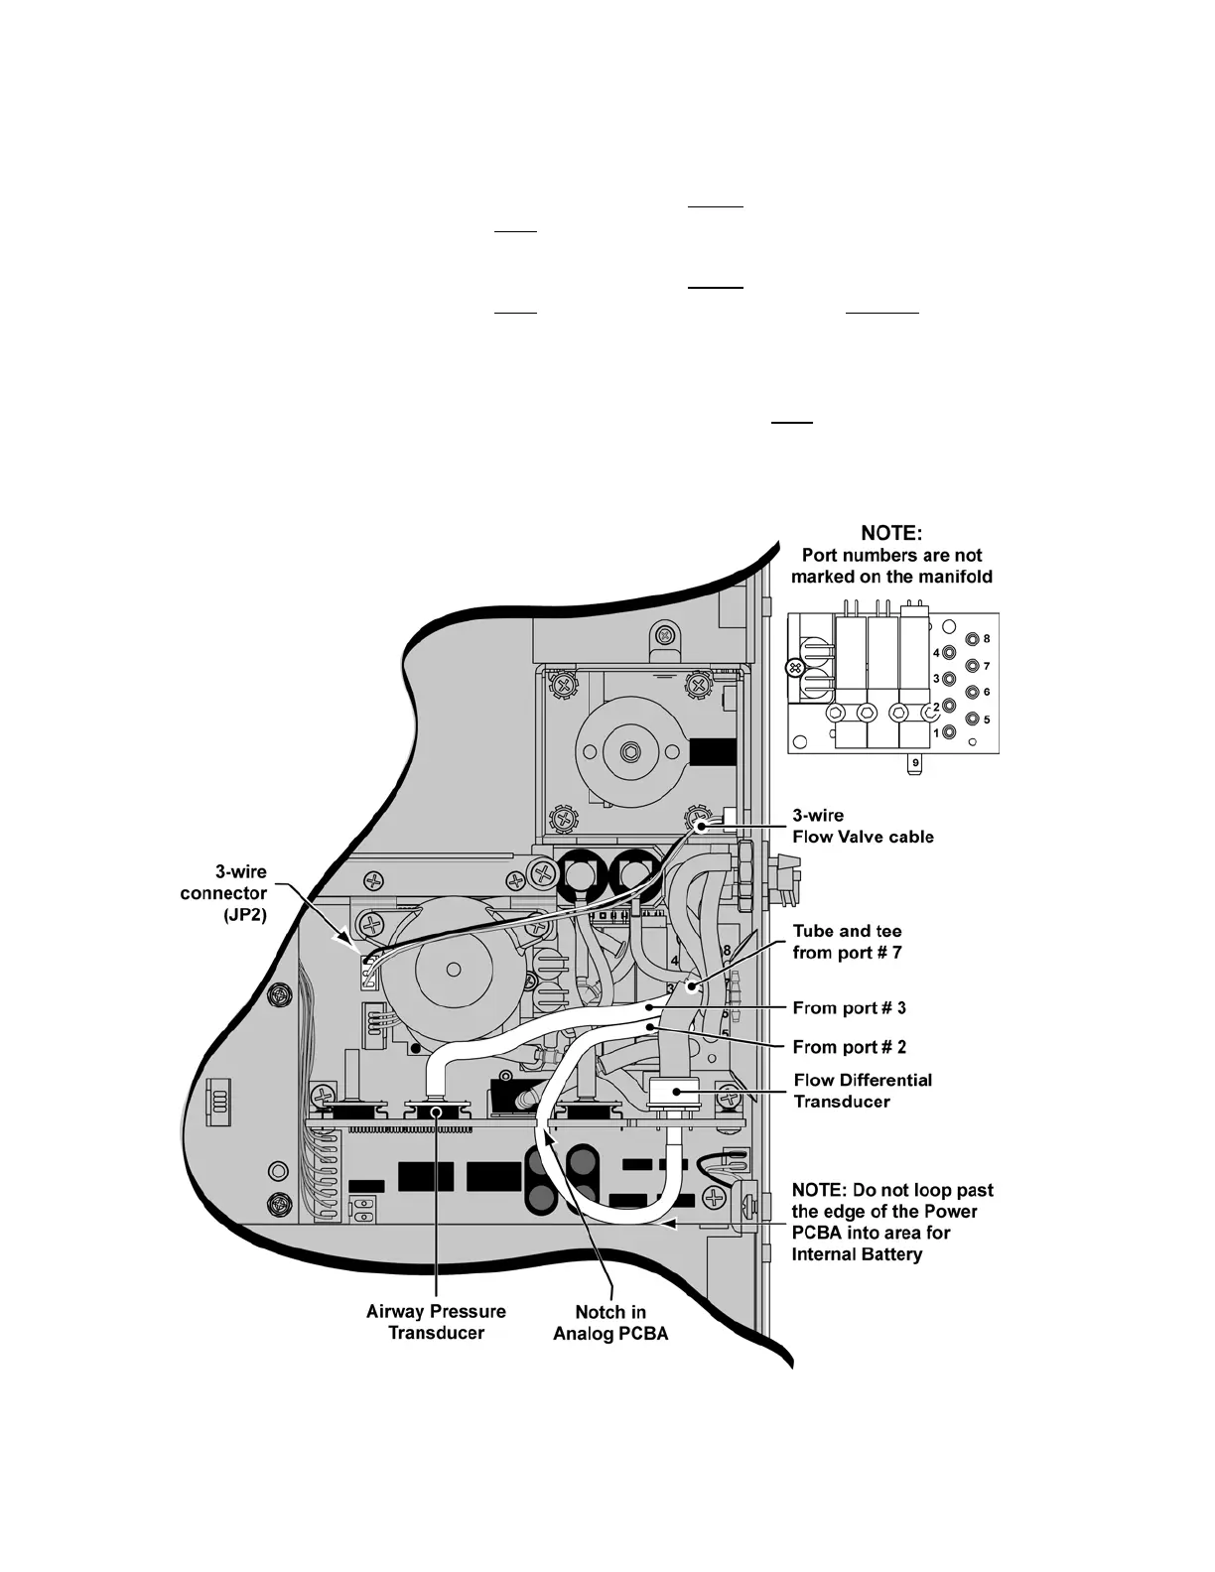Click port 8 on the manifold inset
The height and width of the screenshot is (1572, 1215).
click(x=973, y=640)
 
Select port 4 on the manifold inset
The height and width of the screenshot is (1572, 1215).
click(x=950, y=654)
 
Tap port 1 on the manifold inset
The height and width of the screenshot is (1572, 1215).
click(x=950, y=733)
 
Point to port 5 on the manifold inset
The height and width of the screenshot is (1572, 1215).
click(x=973, y=719)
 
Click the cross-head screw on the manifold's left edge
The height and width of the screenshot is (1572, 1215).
click(x=793, y=669)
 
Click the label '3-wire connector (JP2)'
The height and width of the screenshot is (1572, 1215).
click(x=223, y=893)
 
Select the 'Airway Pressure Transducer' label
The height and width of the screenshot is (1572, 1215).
click(x=436, y=1322)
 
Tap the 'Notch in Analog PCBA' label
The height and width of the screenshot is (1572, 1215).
click(x=610, y=1322)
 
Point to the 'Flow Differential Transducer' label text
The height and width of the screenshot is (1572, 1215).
click(x=863, y=1091)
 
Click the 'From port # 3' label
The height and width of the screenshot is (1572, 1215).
click(x=849, y=1008)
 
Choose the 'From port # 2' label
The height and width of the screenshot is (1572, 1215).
click(x=849, y=1047)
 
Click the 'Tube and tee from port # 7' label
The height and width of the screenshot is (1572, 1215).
click(x=847, y=943)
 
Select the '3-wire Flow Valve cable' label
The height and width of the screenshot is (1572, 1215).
click(x=862, y=826)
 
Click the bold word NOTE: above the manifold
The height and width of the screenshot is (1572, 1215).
click(x=891, y=533)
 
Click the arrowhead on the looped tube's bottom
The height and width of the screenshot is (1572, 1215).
click(x=671, y=1226)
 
